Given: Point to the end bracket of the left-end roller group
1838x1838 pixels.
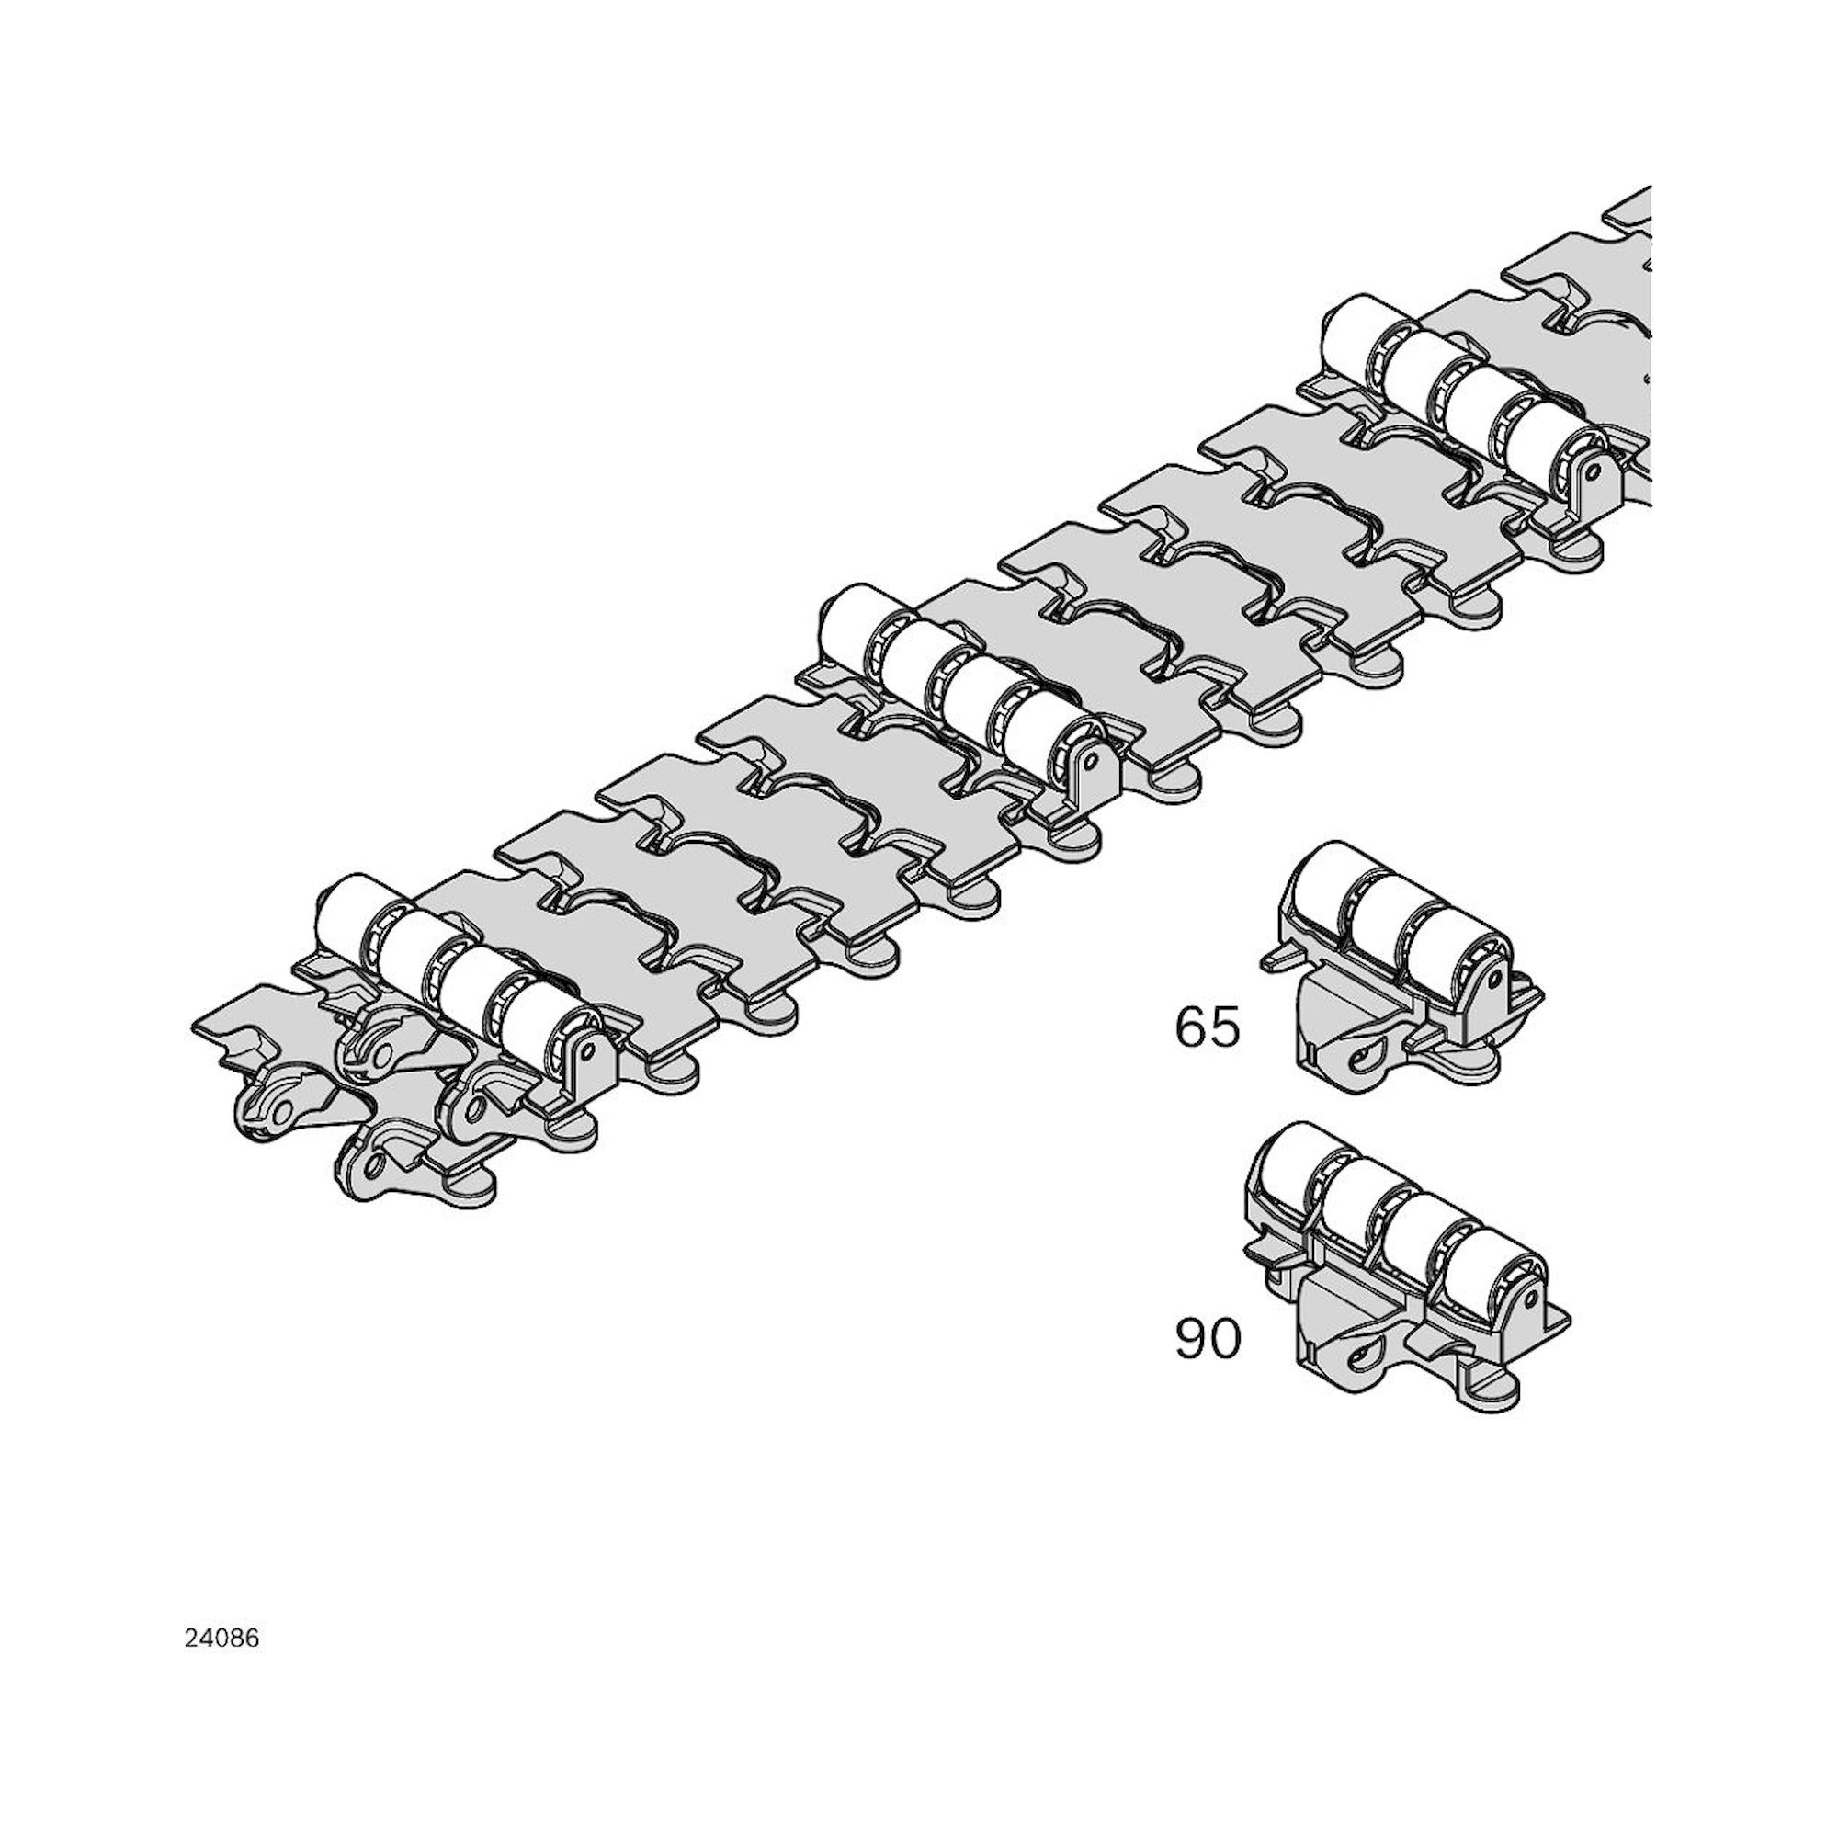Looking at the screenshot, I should click(x=584, y=1059).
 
